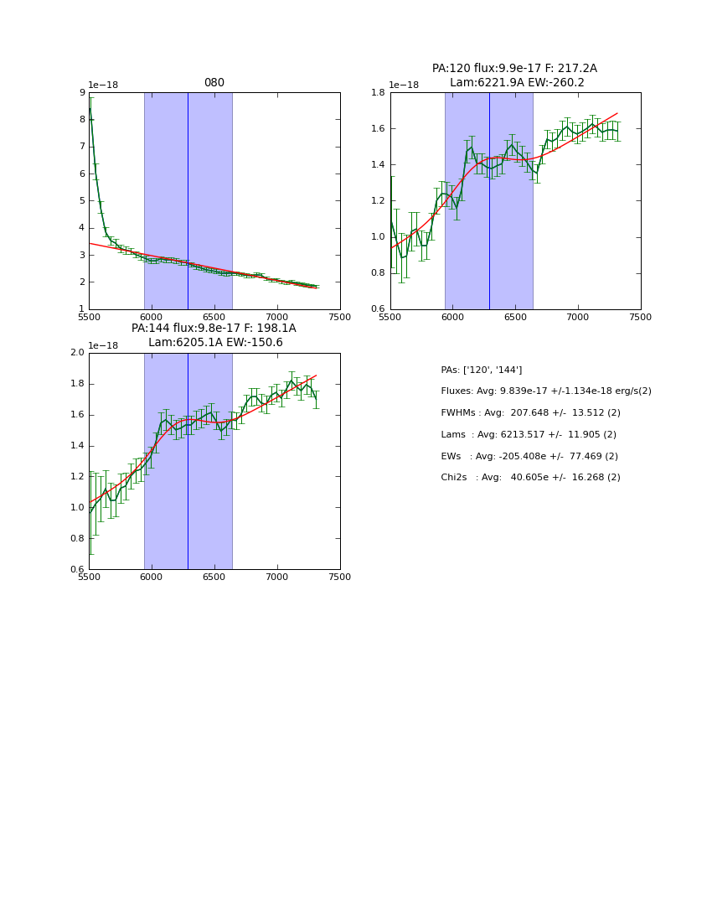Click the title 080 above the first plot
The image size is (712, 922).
[214, 83]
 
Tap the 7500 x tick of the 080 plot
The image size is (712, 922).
[339, 317]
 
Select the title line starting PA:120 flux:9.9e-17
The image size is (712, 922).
[514, 69]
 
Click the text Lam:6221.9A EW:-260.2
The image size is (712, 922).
[517, 82]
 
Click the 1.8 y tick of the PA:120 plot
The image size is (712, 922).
[378, 92]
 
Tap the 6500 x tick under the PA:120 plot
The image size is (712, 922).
[515, 317]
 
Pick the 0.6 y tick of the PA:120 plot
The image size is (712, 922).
[378, 308]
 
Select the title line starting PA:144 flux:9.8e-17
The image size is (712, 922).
[214, 329]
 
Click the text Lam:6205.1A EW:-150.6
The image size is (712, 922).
[215, 342]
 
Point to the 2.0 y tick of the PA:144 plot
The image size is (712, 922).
[77, 352]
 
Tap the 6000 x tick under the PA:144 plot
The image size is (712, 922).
[152, 577]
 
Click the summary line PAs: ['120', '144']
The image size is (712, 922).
[481, 370]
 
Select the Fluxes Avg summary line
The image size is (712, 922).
[545, 391]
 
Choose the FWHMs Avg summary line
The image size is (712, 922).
[530, 412]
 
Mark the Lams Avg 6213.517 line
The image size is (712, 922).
[528, 434]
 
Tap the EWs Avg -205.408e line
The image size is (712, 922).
[529, 456]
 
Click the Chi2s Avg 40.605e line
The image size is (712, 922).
[530, 477]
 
